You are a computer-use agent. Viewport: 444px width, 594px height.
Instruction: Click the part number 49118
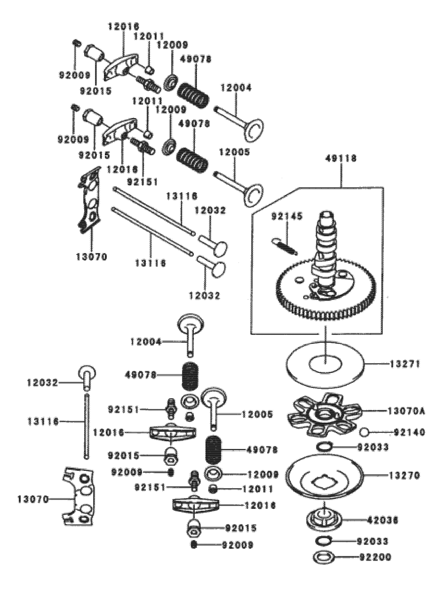341,159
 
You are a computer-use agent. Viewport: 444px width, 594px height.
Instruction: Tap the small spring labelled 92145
284,246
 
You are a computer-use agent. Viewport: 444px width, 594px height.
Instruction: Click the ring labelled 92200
324,558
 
